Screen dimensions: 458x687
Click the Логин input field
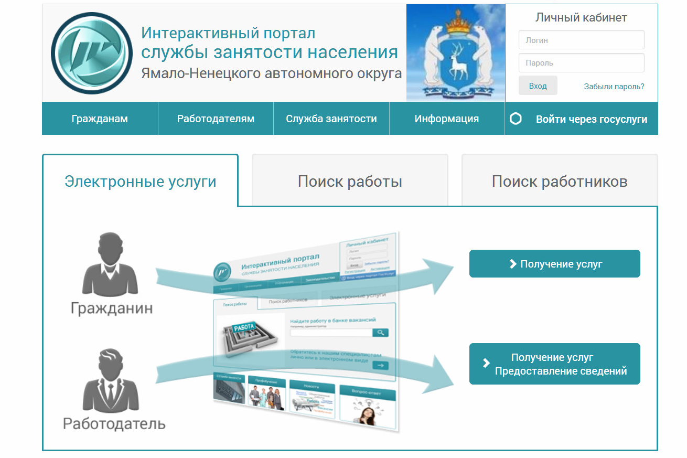pyautogui.click(x=581, y=40)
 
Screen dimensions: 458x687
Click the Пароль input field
pyautogui.click(x=581, y=63)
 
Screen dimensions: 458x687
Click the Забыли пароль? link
pyautogui.click(x=614, y=87)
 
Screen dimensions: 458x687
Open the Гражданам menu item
pyautogui.click(x=100, y=119)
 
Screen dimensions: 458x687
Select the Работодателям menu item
pyautogui.click(x=216, y=119)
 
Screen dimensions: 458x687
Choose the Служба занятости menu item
pyautogui.click(x=331, y=119)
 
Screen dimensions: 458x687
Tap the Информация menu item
pyautogui.click(x=447, y=119)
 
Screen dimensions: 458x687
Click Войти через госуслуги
pyautogui.click(x=591, y=119)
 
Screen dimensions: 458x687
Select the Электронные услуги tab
pyautogui.click(x=141, y=182)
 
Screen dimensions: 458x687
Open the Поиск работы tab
pyautogui.click(x=350, y=182)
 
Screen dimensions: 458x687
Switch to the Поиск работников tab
pyautogui.click(x=560, y=182)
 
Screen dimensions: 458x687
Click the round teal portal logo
pyautogui.click(x=91, y=53)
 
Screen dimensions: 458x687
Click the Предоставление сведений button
pyautogui.click(x=554, y=364)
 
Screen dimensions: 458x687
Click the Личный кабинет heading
pyautogui.click(x=581, y=17)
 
